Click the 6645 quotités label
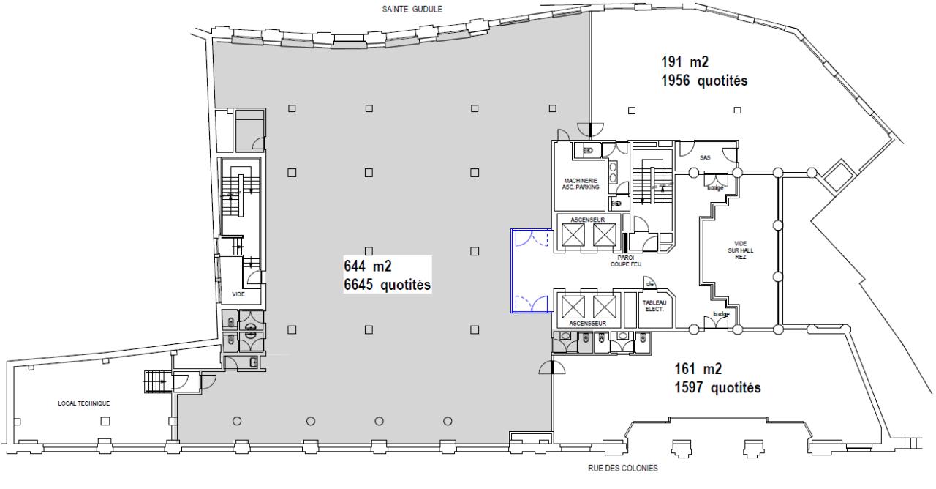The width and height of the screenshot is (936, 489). [387, 283]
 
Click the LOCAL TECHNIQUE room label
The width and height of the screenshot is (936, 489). [84, 403]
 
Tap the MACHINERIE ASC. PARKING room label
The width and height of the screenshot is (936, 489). [581, 184]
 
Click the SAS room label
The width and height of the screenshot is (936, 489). [705, 157]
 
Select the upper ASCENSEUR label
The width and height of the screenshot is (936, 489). [589, 219]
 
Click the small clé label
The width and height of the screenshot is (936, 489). [649, 284]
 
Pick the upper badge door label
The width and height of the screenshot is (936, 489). [714, 188]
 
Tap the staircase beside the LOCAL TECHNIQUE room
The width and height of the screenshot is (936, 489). [156, 381]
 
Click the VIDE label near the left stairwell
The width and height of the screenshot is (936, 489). [238, 294]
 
